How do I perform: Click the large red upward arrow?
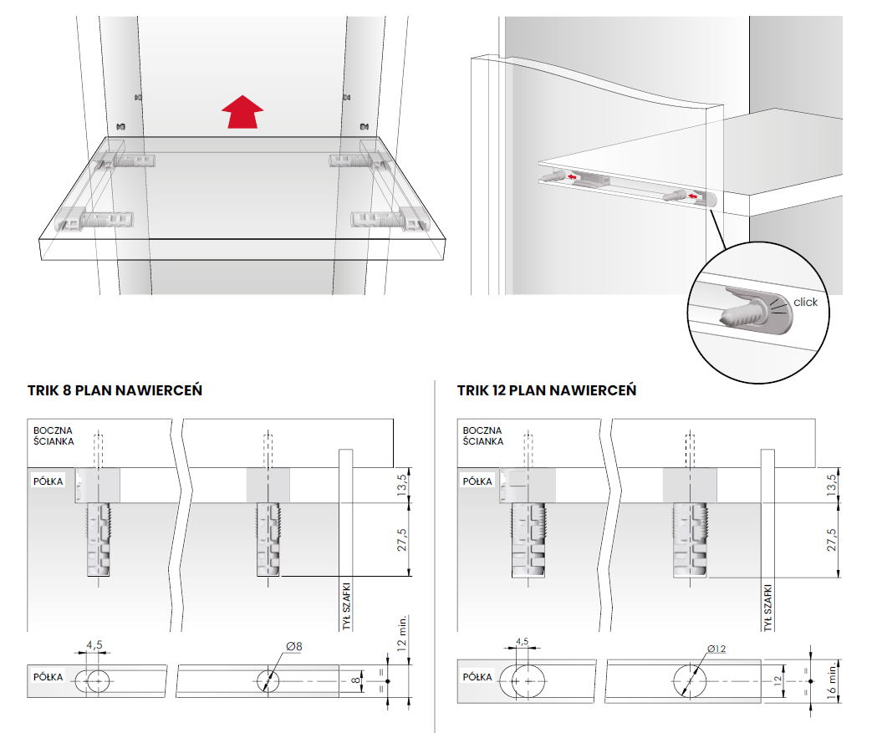pos(242,112)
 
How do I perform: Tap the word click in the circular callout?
pos(805,302)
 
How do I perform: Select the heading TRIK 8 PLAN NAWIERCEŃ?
pos(115,390)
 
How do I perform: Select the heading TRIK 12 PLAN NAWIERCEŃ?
pos(547,390)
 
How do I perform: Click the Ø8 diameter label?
pos(294,646)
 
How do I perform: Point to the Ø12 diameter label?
pos(716,649)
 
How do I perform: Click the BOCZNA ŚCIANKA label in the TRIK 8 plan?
pos(54,435)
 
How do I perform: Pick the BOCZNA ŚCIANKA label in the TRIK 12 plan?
pos(482,435)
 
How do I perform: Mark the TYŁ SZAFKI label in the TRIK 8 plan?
pos(346,606)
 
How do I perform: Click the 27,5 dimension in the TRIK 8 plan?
pos(402,540)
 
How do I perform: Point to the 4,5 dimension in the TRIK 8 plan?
pos(94,644)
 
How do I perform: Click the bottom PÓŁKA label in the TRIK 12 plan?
pos(477,676)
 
